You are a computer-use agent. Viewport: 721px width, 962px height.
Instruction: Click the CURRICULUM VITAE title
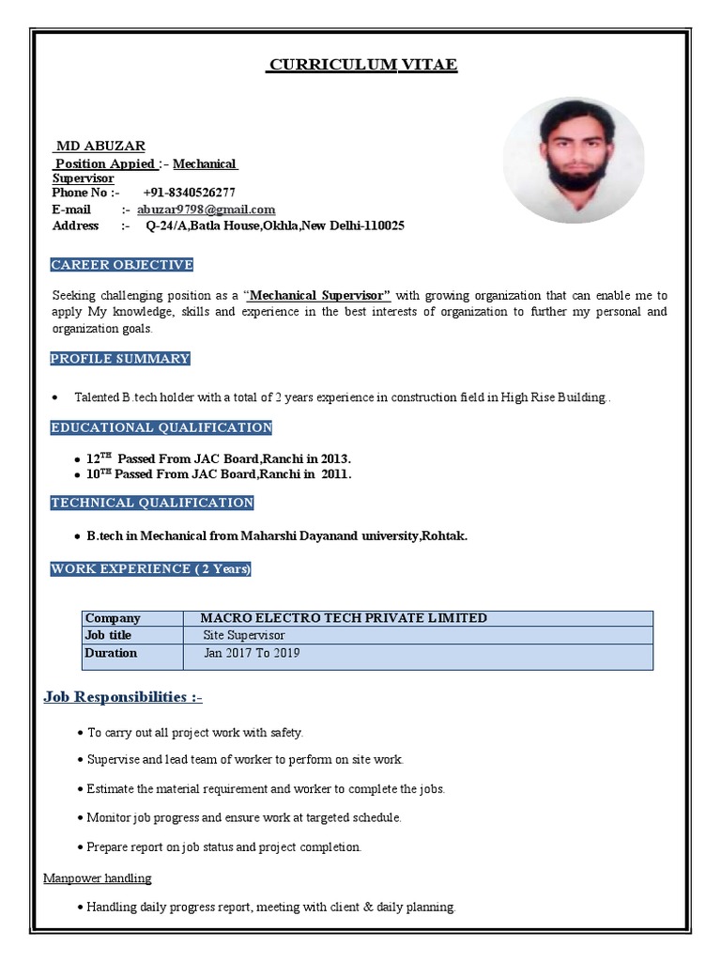(362, 65)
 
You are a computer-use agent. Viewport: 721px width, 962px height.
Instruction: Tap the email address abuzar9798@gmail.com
(206, 209)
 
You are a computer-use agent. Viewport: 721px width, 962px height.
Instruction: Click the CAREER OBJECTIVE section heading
(122, 265)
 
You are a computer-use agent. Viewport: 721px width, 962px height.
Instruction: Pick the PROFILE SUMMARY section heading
(120, 359)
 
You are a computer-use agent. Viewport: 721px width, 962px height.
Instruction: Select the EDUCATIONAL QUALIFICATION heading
(161, 427)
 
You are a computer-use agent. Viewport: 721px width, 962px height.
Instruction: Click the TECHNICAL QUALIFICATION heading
(152, 503)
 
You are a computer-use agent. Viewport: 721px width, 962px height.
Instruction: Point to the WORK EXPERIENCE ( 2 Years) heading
(150, 569)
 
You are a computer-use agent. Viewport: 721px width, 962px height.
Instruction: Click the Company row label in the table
(113, 618)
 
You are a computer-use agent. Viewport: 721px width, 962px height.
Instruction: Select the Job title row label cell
(108, 635)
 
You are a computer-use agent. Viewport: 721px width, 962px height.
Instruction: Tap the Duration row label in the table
(111, 653)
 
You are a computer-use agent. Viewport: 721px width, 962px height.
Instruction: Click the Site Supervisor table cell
(244, 635)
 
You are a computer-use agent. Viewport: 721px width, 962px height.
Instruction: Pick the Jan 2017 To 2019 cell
(252, 653)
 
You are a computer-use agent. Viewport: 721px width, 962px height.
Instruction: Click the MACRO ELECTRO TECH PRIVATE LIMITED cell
(344, 618)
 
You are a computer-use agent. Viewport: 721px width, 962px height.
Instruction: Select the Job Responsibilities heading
(123, 697)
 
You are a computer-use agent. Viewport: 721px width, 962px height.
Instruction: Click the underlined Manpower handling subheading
(98, 878)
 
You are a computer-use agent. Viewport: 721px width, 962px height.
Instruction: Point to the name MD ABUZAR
(100, 146)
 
